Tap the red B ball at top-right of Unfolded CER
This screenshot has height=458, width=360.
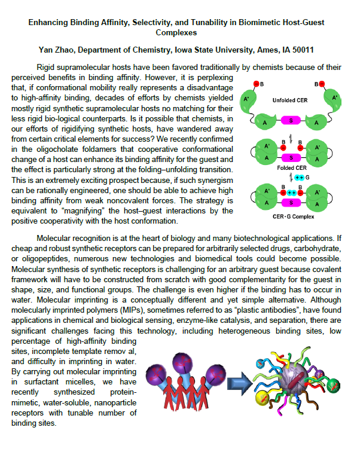(x=322, y=84)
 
